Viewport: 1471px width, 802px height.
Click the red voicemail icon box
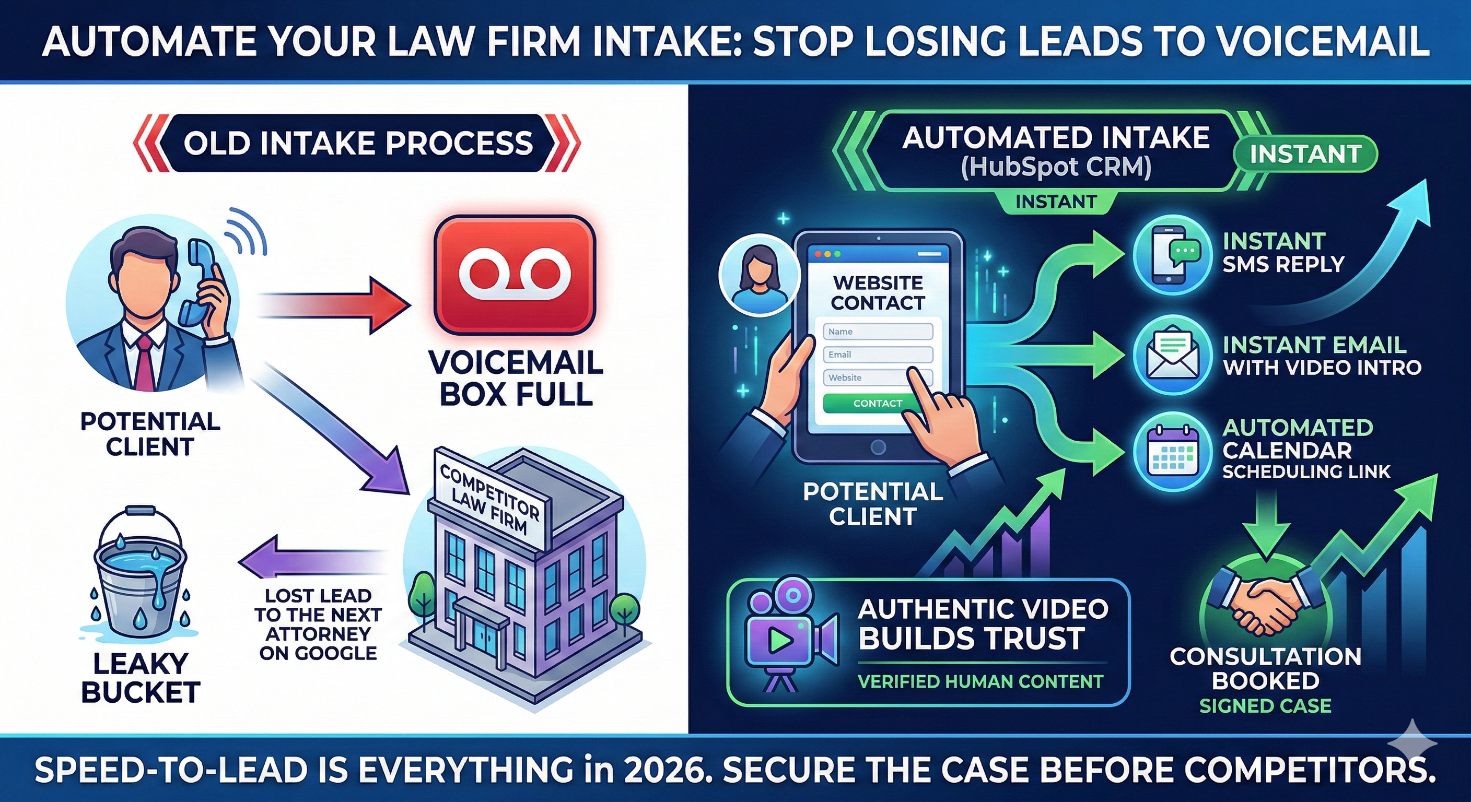(515, 275)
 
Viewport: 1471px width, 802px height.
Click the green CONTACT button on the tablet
(877, 403)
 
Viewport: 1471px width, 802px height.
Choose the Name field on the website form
(877, 332)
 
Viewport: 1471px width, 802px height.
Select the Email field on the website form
(877, 355)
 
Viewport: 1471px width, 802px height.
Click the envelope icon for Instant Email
(1172, 357)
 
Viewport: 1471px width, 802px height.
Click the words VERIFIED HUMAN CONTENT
(980, 681)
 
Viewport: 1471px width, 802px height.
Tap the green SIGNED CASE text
(1265, 706)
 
